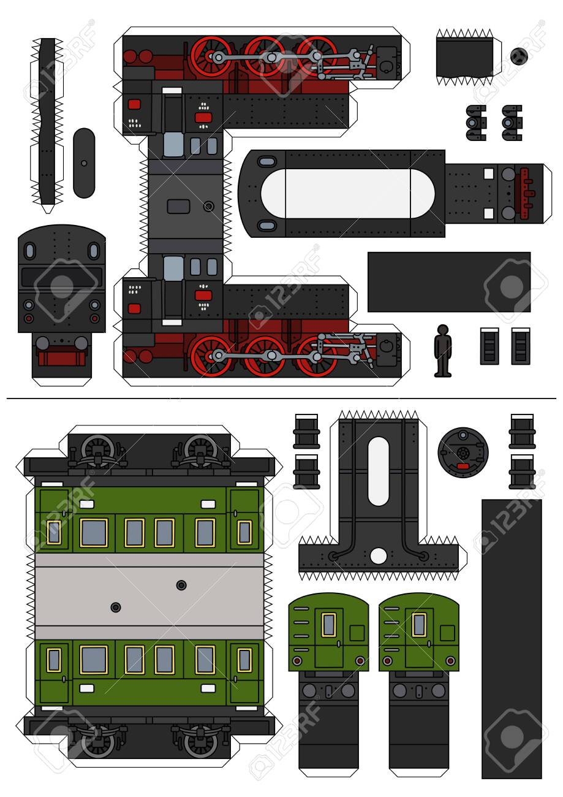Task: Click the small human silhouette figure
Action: click(x=442, y=351)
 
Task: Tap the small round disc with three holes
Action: click(x=518, y=56)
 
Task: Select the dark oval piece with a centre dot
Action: click(x=84, y=163)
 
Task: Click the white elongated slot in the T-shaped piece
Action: click(x=378, y=471)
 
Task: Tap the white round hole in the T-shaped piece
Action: click(x=379, y=556)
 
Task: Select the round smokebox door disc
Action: click(x=463, y=453)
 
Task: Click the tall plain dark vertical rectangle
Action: click(x=511, y=638)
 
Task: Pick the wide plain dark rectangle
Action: click(x=448, y=282)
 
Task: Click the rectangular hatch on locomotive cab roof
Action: click(x=178, y=206)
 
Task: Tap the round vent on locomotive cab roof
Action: click(x=209, y=207)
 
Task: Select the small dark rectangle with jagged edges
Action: click(x=464, y=58)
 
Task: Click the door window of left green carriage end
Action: click(x=329, y=625)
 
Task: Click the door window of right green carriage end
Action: click(x=419, y=625)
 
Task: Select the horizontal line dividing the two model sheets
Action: click(x=282, y=398)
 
